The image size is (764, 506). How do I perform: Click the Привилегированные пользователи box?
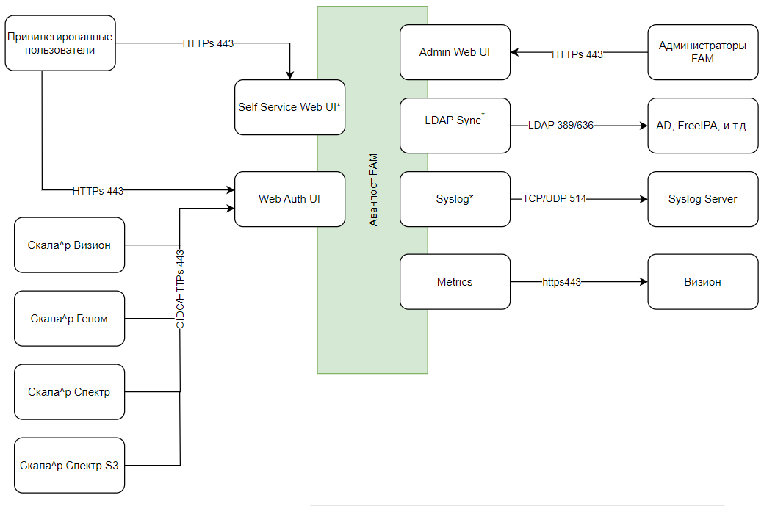click(60, 43)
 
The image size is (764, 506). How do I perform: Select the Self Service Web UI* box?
click(289, 107)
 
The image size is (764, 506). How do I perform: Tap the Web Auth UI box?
click(289, 199)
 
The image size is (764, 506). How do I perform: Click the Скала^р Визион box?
click(70, 245)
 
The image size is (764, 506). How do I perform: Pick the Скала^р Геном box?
click(70, 319)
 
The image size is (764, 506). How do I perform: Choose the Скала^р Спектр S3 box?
click(70, 466)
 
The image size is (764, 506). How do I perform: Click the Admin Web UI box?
click(455, 52)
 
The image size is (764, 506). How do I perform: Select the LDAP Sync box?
click(455, 126)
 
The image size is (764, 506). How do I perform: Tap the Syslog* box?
click(455, 199)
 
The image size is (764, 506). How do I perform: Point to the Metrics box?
click(455, 282)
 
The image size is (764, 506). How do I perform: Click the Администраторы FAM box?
click(702, 52)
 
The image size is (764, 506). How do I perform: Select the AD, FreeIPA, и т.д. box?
click(702, 126)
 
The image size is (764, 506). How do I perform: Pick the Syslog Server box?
click(702, 199)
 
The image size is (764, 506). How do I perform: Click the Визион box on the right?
click(702, 282)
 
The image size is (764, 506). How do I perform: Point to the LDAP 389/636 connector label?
click(561, 126)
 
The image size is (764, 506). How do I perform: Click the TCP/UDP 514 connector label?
click(555, 199)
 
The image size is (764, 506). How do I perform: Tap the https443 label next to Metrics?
click(562, 282)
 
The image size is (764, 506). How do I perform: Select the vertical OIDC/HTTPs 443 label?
click(180, 289)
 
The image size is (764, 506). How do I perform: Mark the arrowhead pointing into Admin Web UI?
click(515, 52)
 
